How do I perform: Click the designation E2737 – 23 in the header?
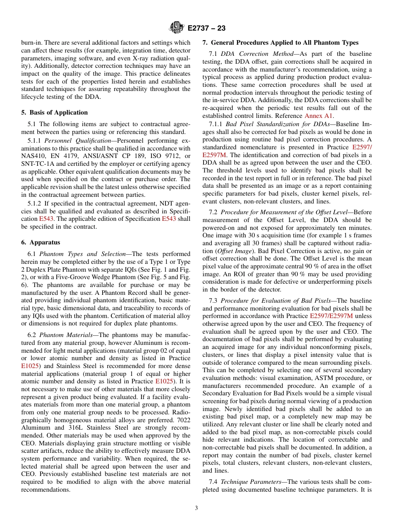[x=206, y=29]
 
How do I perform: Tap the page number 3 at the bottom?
[x=196, y=508]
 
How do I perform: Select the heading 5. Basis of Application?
[x=54, y=112]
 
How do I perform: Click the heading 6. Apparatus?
[x=41, y=242]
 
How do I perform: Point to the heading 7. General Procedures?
[x=280, y=43]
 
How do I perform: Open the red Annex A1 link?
[x=319, y=116]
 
